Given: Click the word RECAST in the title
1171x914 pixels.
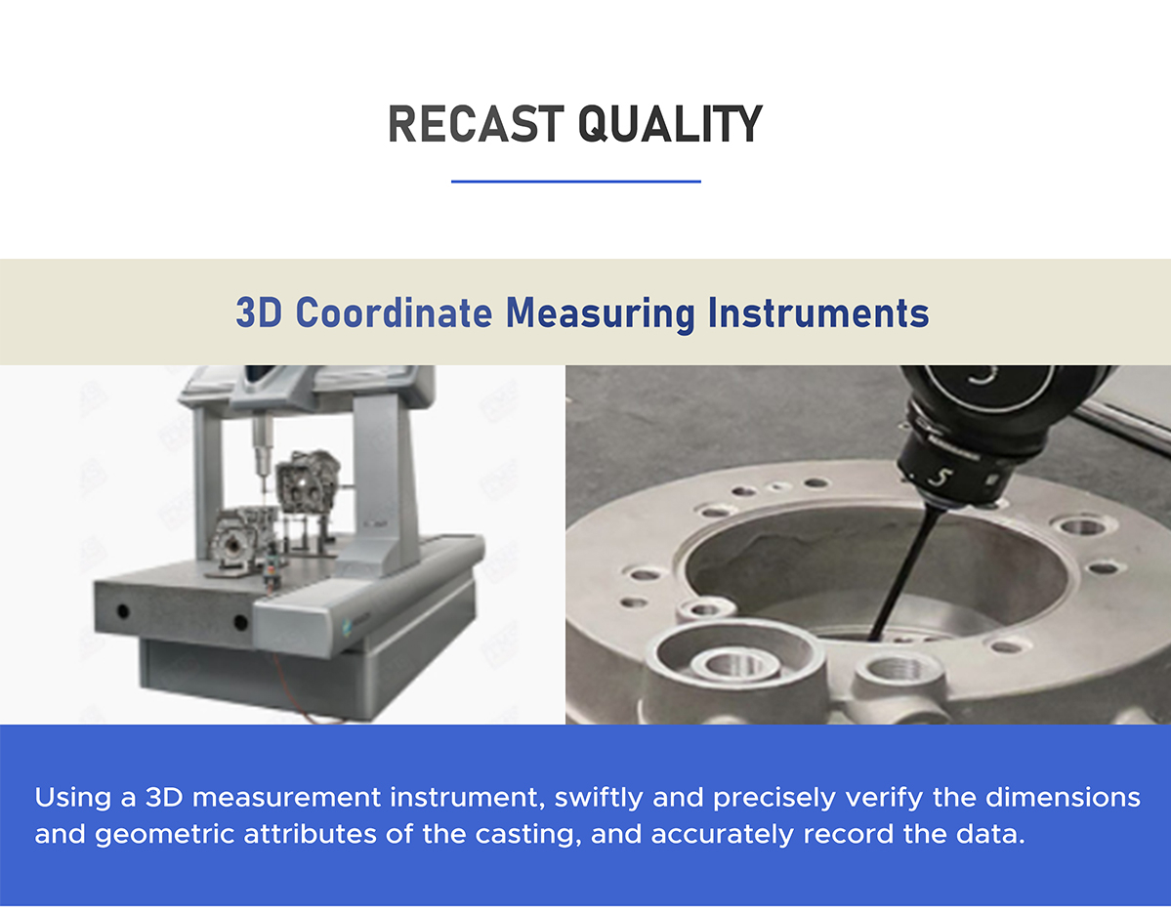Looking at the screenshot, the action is (475, 124).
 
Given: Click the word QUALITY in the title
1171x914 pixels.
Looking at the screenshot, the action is (670, 124).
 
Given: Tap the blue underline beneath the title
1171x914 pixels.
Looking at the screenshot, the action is (576, 182).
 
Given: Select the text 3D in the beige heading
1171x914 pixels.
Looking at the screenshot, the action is (259, 312).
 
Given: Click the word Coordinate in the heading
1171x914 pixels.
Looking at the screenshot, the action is (394, 312).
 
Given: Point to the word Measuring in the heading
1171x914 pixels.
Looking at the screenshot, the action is (601, 313).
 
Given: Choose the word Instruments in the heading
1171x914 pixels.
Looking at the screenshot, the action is (818, 312).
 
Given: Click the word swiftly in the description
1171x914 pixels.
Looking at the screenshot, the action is (598, 798).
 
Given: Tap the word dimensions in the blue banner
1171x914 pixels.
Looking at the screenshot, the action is (1063, 798).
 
